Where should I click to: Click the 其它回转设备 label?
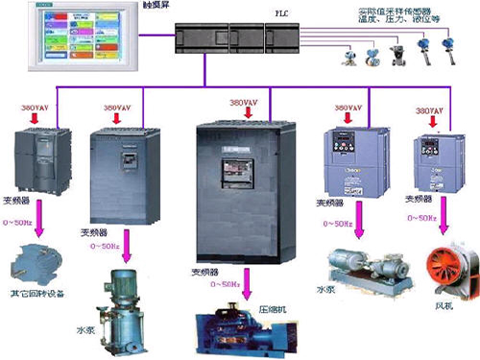click(37, 293)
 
